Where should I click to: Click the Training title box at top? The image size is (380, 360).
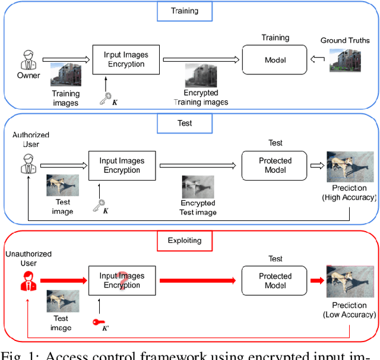[185, 10]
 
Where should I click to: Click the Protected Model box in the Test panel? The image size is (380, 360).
[275, 165]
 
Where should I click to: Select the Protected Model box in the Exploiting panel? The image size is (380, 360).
[275, 281]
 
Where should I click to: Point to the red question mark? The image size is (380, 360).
[122, 279]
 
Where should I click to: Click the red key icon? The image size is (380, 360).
[99, 322]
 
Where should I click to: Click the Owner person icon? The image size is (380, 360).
[26, 60]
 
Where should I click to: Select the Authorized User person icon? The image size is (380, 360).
[26, 165]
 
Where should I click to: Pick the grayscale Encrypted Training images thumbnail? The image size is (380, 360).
[200, 76]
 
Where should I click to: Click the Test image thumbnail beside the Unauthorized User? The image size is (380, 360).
[62, 302]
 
